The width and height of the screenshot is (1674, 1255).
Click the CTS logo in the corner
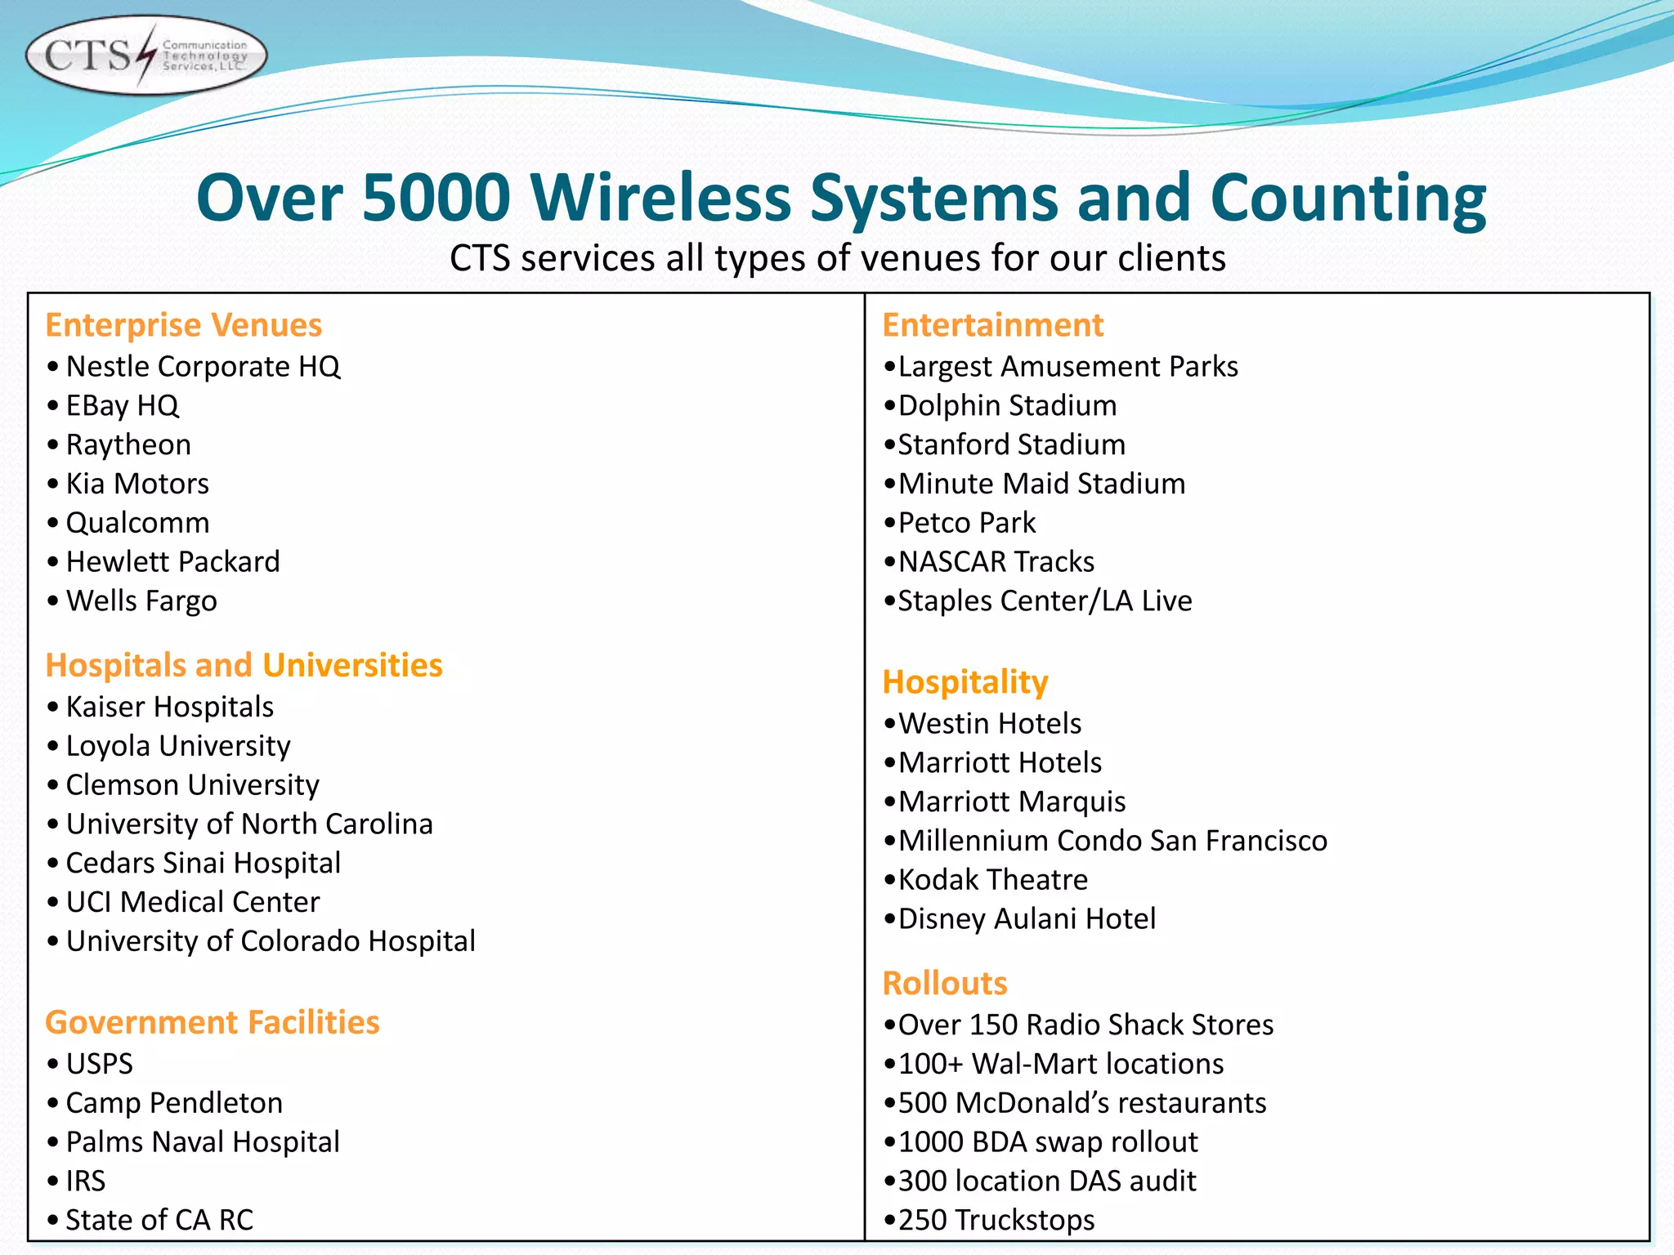(145, 56)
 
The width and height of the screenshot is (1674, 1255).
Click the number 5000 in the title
(436, 199)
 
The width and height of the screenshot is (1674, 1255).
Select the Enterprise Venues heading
(183, 325)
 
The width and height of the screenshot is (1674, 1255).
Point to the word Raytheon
(128, 445)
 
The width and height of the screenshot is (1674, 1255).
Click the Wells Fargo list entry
(141, 601)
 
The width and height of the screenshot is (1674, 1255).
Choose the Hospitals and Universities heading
(244, 665)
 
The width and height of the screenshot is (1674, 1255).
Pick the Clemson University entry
(192, 785)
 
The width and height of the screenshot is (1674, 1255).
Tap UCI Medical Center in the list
(192, 902)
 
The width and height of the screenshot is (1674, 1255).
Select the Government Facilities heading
(213, 1022)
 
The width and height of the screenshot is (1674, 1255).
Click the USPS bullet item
(99, 1064)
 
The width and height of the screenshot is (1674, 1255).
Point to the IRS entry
(85, 1181)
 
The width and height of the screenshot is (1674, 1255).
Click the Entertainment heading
(992, 325)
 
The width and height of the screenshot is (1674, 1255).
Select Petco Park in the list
(966, 523)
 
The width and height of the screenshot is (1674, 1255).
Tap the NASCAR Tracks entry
(996, 562)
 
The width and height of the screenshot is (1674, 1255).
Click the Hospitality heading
(965, 682)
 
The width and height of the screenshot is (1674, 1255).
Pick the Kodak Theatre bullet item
(992, 880)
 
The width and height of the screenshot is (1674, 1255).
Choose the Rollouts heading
(944, 983)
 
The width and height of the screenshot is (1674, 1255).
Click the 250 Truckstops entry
(996, 1220)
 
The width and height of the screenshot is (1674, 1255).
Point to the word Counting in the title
(1347, 199)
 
